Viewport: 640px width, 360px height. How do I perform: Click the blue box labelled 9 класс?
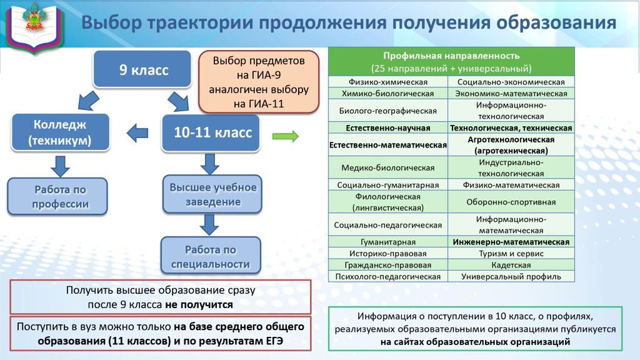click(142, 69)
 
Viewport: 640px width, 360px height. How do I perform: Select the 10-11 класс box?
click(211, 132)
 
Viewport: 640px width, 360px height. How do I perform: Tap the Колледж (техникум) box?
click(61, 132)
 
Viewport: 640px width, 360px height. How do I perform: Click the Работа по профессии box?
click(57, 196)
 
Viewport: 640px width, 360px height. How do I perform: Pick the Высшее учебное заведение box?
click(212, 194)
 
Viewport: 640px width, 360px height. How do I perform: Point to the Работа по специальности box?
click(211, 256)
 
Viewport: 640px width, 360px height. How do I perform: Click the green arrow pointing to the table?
click(285, 136)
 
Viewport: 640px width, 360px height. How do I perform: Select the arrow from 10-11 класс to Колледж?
click(137, 133)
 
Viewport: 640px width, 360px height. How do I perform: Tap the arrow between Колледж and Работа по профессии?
click(61, 166)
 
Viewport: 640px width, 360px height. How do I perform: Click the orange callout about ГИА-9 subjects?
click(259, 82)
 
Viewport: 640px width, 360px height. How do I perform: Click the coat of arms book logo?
click(35, 26)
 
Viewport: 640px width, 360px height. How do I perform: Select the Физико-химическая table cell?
click(388, 82)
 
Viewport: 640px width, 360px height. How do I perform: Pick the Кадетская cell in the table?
click(511, 265)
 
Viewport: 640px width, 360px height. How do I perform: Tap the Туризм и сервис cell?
click(511, 254)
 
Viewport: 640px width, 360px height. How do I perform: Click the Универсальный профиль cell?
click(511, 276)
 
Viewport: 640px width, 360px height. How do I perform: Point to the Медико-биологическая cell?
click(388, 167)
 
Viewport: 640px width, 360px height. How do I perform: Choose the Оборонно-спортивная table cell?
click(511, 202)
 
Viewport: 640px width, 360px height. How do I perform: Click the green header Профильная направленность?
click(451, 62)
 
